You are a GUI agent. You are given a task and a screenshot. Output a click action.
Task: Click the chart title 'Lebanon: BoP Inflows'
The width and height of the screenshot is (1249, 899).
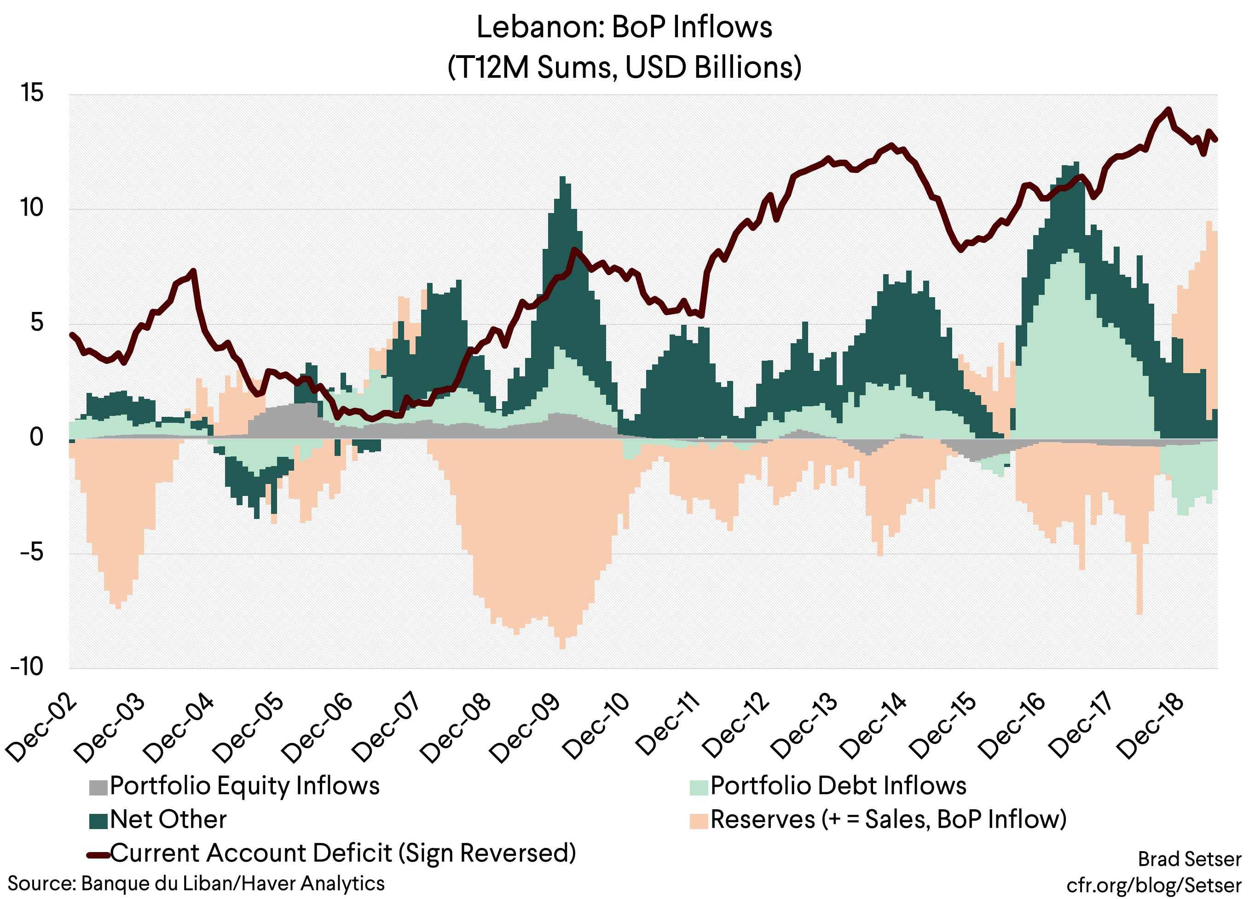coord(624,28)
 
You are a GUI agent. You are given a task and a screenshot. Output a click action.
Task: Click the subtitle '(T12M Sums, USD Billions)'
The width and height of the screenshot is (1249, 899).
coord(624,67)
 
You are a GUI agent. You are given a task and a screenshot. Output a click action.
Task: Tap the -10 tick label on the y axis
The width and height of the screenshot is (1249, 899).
coord(27,667)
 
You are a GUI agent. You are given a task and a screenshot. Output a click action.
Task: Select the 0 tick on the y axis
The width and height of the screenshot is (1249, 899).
coord(36,437)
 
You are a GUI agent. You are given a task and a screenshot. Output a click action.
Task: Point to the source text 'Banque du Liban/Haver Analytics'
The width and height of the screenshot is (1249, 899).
coord(232,883)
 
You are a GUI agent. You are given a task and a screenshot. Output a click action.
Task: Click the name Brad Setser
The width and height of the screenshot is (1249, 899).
coord(1189,859)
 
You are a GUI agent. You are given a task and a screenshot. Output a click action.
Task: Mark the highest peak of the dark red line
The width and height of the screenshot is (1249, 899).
coord(1168,109)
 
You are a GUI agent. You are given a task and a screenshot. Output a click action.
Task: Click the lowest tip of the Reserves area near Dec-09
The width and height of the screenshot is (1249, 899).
coord(562,648)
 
